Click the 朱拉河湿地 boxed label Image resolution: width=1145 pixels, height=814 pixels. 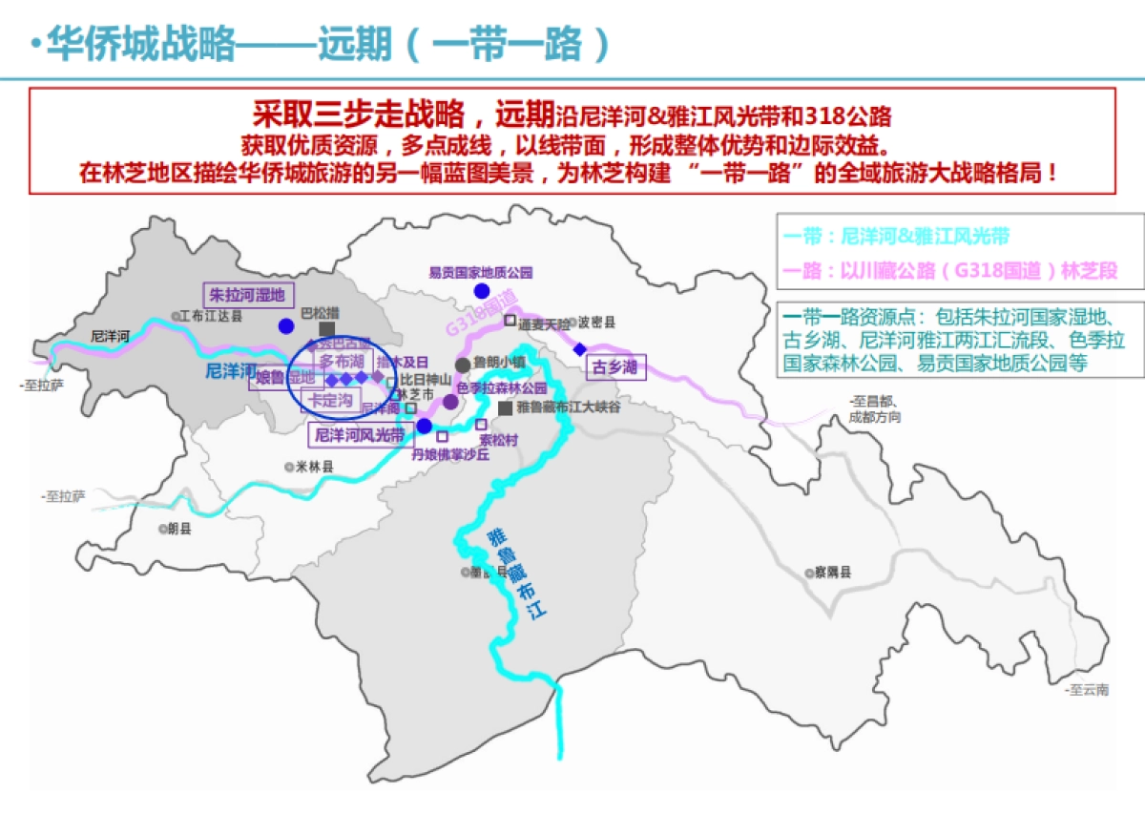click(x=247, y=295)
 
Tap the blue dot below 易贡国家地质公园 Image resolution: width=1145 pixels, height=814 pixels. click(x=482, y=291)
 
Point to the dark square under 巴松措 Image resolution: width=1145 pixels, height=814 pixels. click(x=326, y=327)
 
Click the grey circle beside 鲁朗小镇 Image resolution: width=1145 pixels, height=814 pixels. click(x=463, y=365)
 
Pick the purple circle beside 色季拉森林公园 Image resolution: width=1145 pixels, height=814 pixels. click(x=449, y=402)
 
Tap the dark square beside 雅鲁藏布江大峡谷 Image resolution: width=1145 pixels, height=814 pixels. click(x=505, y=407)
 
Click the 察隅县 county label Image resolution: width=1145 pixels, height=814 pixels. click(x=831, y=573)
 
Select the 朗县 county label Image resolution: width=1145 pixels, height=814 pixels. click(x=178, y=528)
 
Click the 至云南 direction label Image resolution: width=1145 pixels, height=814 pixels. click(x=1089, y=690)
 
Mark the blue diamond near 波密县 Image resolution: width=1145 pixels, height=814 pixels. click(x=580, y=349)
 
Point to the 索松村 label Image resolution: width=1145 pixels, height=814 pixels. click(x=498, y=440)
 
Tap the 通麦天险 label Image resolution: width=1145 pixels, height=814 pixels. click(x=544, y=323)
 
